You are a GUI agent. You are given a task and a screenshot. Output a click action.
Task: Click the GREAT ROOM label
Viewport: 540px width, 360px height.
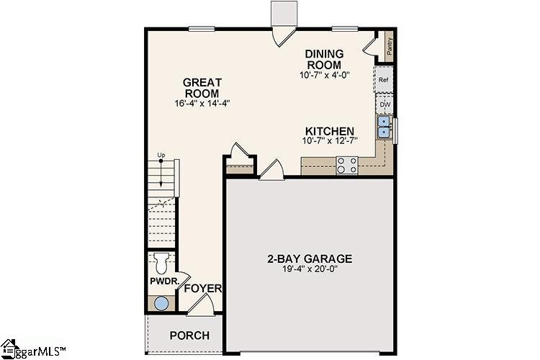click(202, 88)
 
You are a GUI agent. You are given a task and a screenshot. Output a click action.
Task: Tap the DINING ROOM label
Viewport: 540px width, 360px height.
click(325, 59)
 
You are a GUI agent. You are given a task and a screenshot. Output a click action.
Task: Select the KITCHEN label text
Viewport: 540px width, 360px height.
click(330, 131)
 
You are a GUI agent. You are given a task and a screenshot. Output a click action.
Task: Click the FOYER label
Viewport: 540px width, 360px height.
click(202, 289)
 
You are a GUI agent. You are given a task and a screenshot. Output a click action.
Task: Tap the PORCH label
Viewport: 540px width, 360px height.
click(189, 336)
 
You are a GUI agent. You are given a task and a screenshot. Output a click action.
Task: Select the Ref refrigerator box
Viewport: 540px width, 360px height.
click(384, 81)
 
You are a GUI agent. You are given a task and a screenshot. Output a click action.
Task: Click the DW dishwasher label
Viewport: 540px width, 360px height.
click(384, 104)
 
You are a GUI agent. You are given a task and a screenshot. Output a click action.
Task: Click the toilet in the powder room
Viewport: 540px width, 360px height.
click(161, 261)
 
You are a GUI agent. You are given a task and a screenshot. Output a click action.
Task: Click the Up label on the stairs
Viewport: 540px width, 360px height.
click(161, 156)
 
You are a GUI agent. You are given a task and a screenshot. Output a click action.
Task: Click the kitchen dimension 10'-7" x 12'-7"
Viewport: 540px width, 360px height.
click(330, 143)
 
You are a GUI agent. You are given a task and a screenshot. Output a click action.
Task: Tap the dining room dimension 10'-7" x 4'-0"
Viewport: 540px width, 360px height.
click(325, 75)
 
